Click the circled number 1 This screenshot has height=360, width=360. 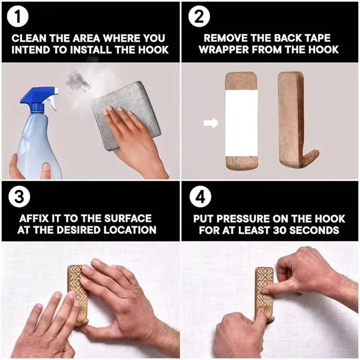(x=18, y=18)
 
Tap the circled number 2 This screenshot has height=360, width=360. (x=198, y=18)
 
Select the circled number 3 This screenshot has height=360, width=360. (x=18, y=197)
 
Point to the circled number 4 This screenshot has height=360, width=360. (x=198, y=197)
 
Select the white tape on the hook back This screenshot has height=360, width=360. (x=242, y=122)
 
